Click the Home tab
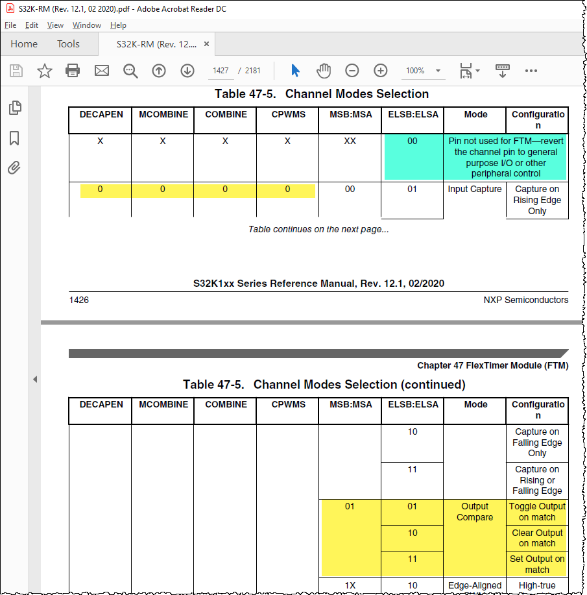point(24,44)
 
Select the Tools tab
point(68,44)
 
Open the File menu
point(10,25)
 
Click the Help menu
point(118,25)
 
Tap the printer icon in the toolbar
point(73,71)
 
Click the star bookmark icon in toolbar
point(45,71)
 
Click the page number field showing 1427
point(221,71)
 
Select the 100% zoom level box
point(415,71)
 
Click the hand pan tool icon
point(323,71)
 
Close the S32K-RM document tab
point(206,44)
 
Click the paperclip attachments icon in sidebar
point(14,169)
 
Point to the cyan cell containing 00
point(413,141)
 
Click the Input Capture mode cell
point(475,189)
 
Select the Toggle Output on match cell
point(537,512)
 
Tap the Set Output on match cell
point(537,564)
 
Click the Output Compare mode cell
point(475,512)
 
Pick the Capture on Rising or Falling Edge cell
point(537,480)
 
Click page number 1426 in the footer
point(78,300)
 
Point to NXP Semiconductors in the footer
point(525,300)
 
